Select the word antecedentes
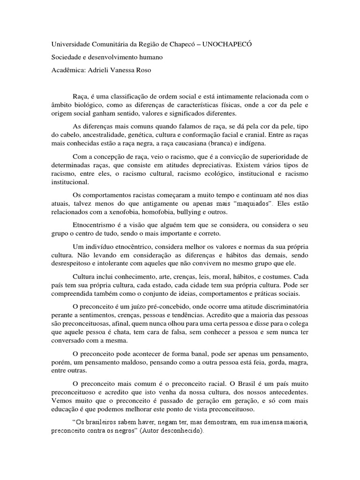285,391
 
